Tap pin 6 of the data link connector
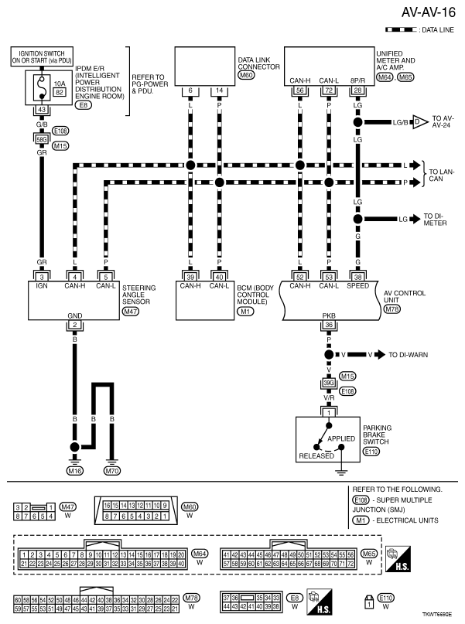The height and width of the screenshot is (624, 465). [190, 91]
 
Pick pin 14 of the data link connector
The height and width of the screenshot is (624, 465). [219, 91]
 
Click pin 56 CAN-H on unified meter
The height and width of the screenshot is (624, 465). [299, 91]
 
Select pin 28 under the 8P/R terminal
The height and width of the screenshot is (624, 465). [357, 91]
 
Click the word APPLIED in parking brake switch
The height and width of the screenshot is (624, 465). [340, 438]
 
